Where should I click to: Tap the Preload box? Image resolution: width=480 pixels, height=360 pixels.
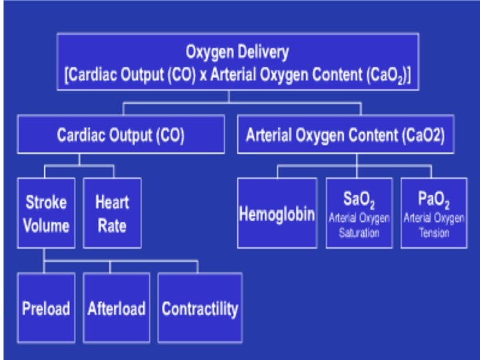point(46,308)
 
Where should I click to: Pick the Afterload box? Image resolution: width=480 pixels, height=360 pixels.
point(116,308)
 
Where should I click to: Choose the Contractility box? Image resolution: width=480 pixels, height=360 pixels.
point(199,308)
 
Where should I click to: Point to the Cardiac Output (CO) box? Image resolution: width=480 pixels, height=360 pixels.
point(121,135)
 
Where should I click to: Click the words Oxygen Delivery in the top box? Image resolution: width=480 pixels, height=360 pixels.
point(237,51)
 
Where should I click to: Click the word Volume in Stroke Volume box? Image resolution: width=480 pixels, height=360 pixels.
point(46,225)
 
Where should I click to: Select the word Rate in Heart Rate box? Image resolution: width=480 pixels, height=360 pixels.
point(111,225)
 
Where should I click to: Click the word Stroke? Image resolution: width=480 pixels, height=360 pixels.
point(46,202)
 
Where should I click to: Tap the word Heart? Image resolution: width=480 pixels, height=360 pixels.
point(111,202)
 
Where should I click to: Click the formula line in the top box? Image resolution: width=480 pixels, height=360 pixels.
point(237,74)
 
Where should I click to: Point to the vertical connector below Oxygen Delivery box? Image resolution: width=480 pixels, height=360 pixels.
point(229,97)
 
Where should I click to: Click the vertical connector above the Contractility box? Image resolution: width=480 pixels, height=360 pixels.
point(198,267)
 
